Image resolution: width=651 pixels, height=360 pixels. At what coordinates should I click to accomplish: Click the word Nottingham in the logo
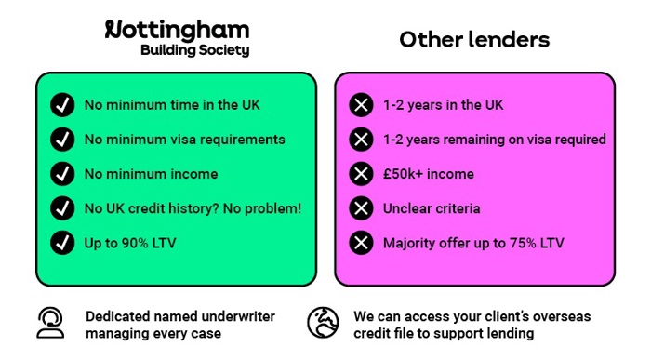[177, 30]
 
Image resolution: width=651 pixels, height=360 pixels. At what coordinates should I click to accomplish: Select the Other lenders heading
[474, 40]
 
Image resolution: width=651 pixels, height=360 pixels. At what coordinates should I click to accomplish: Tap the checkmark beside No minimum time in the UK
[62, 104]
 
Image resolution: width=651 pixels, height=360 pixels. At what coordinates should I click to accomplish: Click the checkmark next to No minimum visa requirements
[62, 140]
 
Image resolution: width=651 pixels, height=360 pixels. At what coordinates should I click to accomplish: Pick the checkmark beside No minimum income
[62, 174]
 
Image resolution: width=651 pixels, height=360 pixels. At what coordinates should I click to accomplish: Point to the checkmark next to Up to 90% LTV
[62, 243]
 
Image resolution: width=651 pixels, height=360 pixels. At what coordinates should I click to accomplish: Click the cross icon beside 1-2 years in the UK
[360, 104]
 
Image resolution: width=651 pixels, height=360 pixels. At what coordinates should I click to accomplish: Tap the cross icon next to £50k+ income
[360, 174]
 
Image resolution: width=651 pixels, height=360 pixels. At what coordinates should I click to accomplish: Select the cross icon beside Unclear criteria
[360, 208]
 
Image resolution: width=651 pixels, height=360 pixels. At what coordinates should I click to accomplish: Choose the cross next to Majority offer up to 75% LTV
[360, 243]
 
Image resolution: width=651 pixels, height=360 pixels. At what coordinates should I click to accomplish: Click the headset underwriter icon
[51, 322]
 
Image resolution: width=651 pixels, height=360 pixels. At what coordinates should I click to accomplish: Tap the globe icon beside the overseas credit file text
[323, 322]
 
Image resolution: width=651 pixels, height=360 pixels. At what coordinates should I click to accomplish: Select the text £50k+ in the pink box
[404, 174]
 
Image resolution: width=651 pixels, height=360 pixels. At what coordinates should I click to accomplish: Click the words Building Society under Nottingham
[194, 50]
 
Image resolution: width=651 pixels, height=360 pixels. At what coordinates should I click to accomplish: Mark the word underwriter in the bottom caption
[223, 315]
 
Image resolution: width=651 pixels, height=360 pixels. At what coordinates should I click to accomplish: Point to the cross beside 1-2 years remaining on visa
[360, 140]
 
